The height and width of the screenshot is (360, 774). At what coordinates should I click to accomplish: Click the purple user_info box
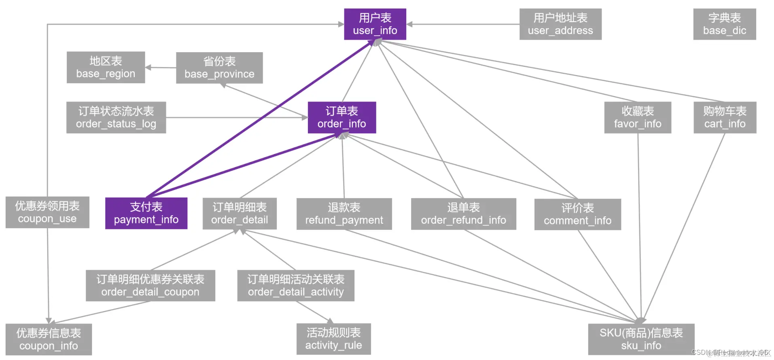click(x=375, y=24)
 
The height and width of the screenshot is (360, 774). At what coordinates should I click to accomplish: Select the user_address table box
click(x=560, y=24)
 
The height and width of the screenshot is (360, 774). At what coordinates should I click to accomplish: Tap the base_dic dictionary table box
click(x=724, y=24)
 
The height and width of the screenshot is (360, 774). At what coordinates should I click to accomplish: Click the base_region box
click(x=106, y=67)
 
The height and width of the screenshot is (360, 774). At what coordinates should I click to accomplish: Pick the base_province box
click(x=219, y=68)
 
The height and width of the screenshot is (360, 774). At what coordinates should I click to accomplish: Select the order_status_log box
click(x=116, y=117)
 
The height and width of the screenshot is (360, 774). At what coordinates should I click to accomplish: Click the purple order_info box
click(x=341, y=117)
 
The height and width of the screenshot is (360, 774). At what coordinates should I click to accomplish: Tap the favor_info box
click(x=637, y=117)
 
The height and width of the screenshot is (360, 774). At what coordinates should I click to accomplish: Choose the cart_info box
click(x=724, y=117)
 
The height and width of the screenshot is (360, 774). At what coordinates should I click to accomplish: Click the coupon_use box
click(x=47, y=212)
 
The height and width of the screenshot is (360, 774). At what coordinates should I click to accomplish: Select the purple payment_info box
click(x=146, y=213)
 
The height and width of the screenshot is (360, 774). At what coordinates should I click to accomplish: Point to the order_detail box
click(x=240, y=214)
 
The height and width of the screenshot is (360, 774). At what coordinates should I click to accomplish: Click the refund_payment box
click(x=344, y=214)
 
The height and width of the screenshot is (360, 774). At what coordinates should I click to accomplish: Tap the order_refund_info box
click(x=463, y=214)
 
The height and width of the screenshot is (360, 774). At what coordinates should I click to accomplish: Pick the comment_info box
click(x=577, y=214)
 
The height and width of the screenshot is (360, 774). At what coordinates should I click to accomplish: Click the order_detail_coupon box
click(x=150, y=286)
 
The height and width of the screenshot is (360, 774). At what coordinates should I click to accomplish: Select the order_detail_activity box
click(x=295, y=286)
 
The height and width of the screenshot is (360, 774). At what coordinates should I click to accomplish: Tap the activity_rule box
click(x=333, y=339)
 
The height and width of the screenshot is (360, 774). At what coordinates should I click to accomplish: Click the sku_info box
click(x=641, y=339)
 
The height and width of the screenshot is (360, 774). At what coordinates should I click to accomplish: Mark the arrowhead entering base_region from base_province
click(x=148, y=68)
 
